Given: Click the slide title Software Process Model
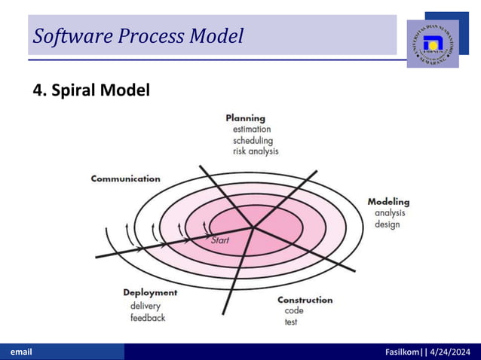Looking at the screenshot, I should pyautogui.click(x=138, y=35).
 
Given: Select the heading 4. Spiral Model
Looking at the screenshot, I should pyautogui.click(x=91, y=90).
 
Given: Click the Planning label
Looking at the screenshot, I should pyautogui.click(x=245, y=117).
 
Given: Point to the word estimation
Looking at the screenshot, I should pyautogui.click(x=252, y=129).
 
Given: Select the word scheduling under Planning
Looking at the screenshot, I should pyautogui.click(x=253, y=140).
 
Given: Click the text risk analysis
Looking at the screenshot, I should pyautogui.click(x=256, y=151).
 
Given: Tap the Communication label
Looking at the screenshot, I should pyautogui.click(x=125, y=178).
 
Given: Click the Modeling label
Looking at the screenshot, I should pyautogui.click(x=388, y=201).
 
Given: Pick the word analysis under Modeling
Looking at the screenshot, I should pyautogui.click(x=390, y=213).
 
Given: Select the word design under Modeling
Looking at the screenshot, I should pyautogui.click(x=387, y=224).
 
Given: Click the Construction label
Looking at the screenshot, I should pyautogui.click(x=305, y=300).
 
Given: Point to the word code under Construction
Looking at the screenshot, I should pyautogui.click(x=294, y=310).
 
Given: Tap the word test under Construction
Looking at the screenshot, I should pyautogui.click(x=291, y=322).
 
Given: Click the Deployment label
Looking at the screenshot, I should pyautogui.click(x=150, y=292).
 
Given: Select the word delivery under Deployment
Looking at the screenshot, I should pyautogui.click(x=145, y=306).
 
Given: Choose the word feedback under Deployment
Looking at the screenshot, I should pyautogui.click(x=148, y=317).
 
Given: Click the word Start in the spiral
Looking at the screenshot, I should pyautogui.click(x=219, y=240).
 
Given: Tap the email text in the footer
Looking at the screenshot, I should pyautogui.click(x=20, y=352).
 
